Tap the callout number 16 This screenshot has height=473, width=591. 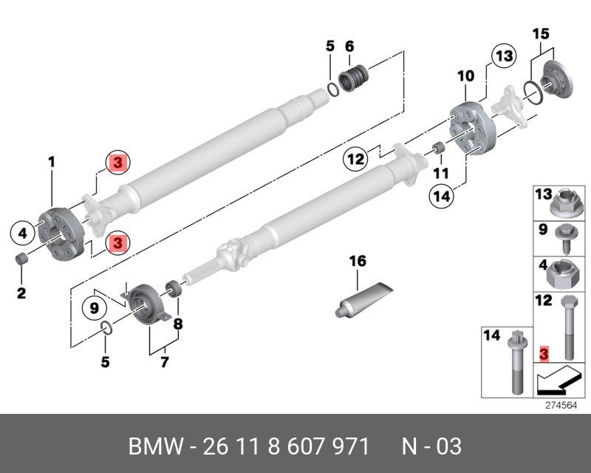click(x=358, y=261)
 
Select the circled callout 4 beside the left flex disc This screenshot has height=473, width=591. click(x=23, y=234)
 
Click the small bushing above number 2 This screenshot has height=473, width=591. click(x=23, y=259)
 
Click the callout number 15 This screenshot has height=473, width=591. click(x=541, y=33)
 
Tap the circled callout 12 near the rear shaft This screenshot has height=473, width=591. click(x=356, y=159)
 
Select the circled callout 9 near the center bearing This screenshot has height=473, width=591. click(x=95, y=307)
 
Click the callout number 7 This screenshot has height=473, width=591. click(x=163, y=361)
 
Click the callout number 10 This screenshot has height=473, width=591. click(x=465, y=75)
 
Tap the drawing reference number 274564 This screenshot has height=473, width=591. click(x=560, y=405)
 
